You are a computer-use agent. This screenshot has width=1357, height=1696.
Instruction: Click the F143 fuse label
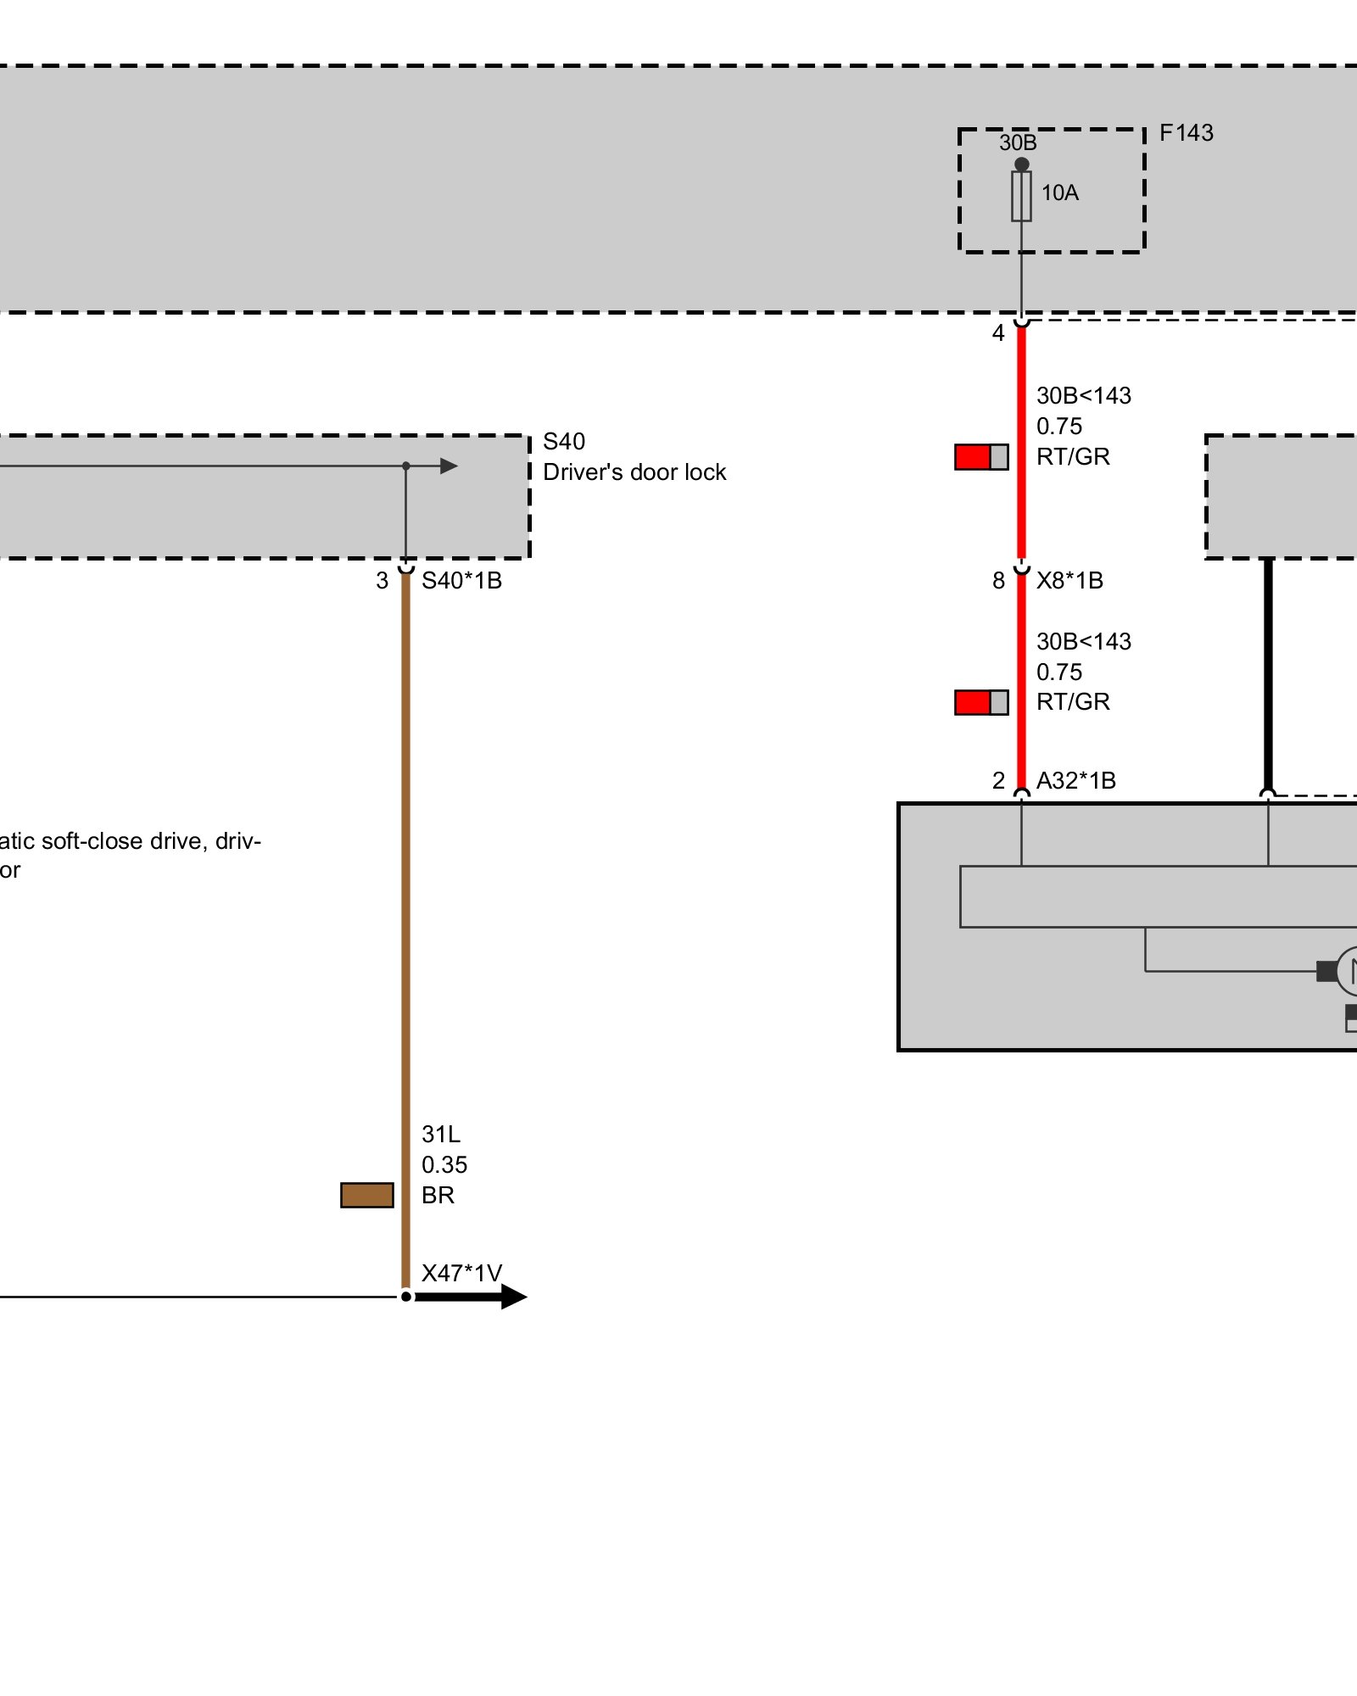tap(1186, 133)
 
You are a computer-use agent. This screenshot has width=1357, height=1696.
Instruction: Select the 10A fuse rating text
tap(1059, 193)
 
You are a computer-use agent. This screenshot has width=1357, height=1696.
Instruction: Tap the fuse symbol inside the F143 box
tap(1021, 197)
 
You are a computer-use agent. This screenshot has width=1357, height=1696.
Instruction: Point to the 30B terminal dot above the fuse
tap(1021, 165)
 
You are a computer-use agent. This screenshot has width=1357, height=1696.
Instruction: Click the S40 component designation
tap(564, 442)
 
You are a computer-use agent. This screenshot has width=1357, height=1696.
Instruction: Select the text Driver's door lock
tap(634, 472)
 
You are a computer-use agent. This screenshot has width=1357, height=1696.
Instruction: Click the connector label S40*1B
tap(461, 581)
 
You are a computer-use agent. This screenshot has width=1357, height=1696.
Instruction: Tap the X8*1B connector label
tap(1069, 581)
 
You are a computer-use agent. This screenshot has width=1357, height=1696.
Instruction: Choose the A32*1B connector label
tap(1075, 780)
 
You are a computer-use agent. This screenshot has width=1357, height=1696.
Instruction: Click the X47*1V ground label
tap(461, 1274)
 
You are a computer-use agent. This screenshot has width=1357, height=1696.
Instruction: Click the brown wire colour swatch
tap(367, 1195)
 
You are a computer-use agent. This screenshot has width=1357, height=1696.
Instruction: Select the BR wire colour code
tap(438, 1196)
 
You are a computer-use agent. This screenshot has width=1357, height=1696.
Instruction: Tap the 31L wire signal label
tap(440, 1135)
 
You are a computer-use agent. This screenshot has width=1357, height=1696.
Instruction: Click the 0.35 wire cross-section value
tap(444, 1165)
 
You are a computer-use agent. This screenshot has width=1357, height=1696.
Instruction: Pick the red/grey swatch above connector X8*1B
tap(981, 457)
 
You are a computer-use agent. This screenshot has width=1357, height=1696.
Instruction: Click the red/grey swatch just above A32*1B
tap(981, 702)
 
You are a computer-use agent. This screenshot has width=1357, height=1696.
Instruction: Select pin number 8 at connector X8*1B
tap(998, 581)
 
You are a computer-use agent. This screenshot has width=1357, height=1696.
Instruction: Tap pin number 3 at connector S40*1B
tap(382, 581)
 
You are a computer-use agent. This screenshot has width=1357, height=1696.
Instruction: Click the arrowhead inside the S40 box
tap(449, 466)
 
